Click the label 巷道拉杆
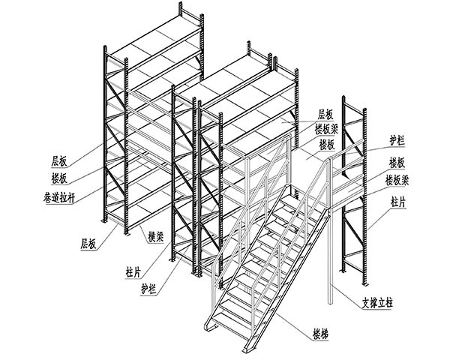[x=59, y=198]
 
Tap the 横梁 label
[x=155, y=236]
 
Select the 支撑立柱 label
[x=377, y=303]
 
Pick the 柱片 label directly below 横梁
[x=133, y=271]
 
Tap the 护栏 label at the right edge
[x=397, y=141]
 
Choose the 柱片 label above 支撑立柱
[x=399, y=202]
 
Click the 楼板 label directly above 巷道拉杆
[x=59, y=178]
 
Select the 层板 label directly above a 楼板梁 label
[x=325, y=115]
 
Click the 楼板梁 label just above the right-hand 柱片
[x=397, y=180]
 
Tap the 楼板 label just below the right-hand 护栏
[x=397, y=163]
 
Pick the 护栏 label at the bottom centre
[x=148, y=289]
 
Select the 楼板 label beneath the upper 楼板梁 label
[x=327, y=144]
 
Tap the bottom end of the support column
[x=330, y=302]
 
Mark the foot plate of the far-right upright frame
[x=364, y=284]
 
